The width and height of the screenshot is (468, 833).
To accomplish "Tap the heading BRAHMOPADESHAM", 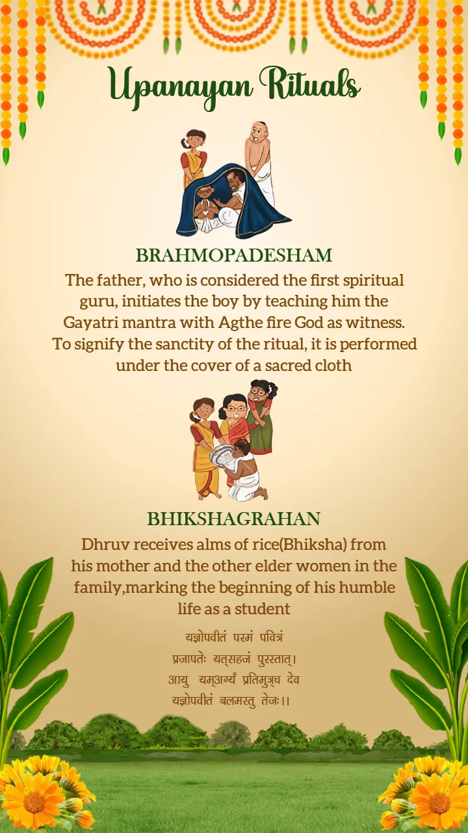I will pyautogui.click(x=234, y=255).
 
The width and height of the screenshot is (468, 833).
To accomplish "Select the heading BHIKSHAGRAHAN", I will pyautogui.click(x=234, y=519).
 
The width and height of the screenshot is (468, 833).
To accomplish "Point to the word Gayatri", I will pyautogui.click(x=88, y=323).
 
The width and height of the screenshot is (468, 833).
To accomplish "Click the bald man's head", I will pyautogui.click(x=259, y=133).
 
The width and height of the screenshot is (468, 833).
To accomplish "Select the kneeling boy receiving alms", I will pyautogui.click(x=245, y=472).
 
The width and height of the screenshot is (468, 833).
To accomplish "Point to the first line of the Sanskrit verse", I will pyautogui.click(x=234, y=636).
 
